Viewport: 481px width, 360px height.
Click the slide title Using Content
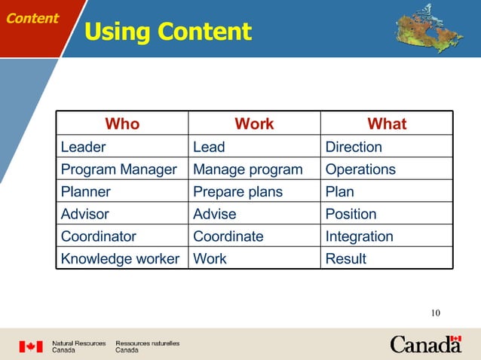pyautogui.click(x=167, y=32)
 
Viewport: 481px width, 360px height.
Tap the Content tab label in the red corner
pyautogui.click(x=32, y=18)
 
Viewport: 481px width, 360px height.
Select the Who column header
pyautogui.click(x=122, y=124)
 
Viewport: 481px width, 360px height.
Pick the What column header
pyautogui.click(x=387, y=124)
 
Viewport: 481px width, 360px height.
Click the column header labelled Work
pyautogui.click(x=254, y=124)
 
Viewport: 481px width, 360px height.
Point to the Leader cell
pyautogui.click(x=84, y=147)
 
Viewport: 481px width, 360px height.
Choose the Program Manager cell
pyautogui.click(x=118, y=169)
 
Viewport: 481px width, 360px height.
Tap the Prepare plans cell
pyautogui.click(x=237, y=192)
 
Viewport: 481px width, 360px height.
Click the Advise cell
pyautogui.click(x=215, y=215)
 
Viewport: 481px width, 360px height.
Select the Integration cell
pyautogui.click(x=359, y=236)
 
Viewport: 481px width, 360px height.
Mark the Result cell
pyautogui.click(x=345, y=259)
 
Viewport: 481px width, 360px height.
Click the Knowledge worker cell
pyautogui.click(x=120, y=259)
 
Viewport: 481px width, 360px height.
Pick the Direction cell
pyautogui.click(x=354, y=147)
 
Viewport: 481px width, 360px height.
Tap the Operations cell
pyautogui.click(x=360, y=169)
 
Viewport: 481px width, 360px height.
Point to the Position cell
pyautogui.click(x=351, y=215)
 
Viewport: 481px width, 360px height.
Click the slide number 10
pyautogui.click(x=435, y=313)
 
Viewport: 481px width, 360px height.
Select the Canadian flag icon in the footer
pyautogui.click(x=31, y=346)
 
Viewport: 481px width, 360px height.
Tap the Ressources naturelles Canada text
pyautogui.click(x=147, y=346)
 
